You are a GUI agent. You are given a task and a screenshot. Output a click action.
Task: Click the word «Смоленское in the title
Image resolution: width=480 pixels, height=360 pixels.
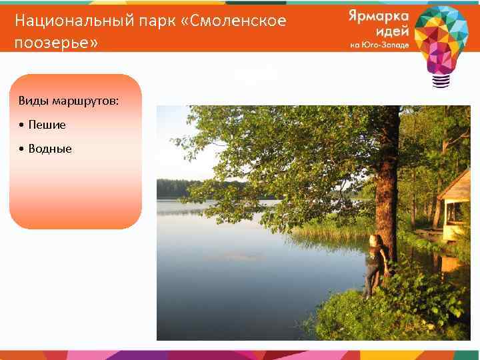click(x=237, y=21)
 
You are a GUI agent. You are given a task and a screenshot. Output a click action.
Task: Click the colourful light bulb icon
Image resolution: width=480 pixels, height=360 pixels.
click(x=441, y=40)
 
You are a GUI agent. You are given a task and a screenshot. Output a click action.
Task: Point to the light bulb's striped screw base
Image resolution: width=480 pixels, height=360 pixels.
click(x=441, y=80)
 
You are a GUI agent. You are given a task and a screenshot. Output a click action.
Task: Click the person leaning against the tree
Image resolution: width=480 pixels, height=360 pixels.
click(x=373, y=265)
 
